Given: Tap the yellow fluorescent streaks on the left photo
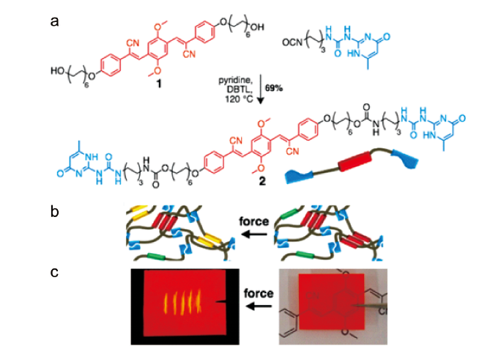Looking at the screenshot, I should click(x=179, y=302).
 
